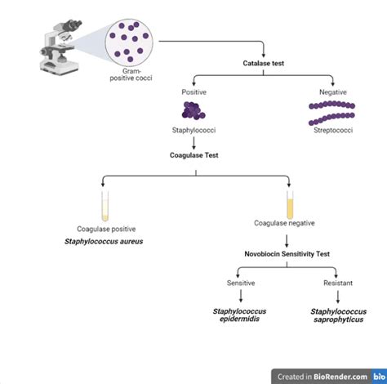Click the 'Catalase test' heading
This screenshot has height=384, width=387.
click(x=264, y=63)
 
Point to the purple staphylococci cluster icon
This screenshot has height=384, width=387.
click(x=193, y=110)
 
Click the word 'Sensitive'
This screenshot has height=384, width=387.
click(x=242, y=283)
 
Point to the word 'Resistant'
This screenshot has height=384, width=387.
click(x=333, y=283)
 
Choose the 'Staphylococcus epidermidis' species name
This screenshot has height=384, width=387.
click(x=241, y=316)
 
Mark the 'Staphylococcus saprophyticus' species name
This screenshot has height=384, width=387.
click(x=333, y=316)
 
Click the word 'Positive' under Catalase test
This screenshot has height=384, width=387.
click(x=193, y=93)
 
